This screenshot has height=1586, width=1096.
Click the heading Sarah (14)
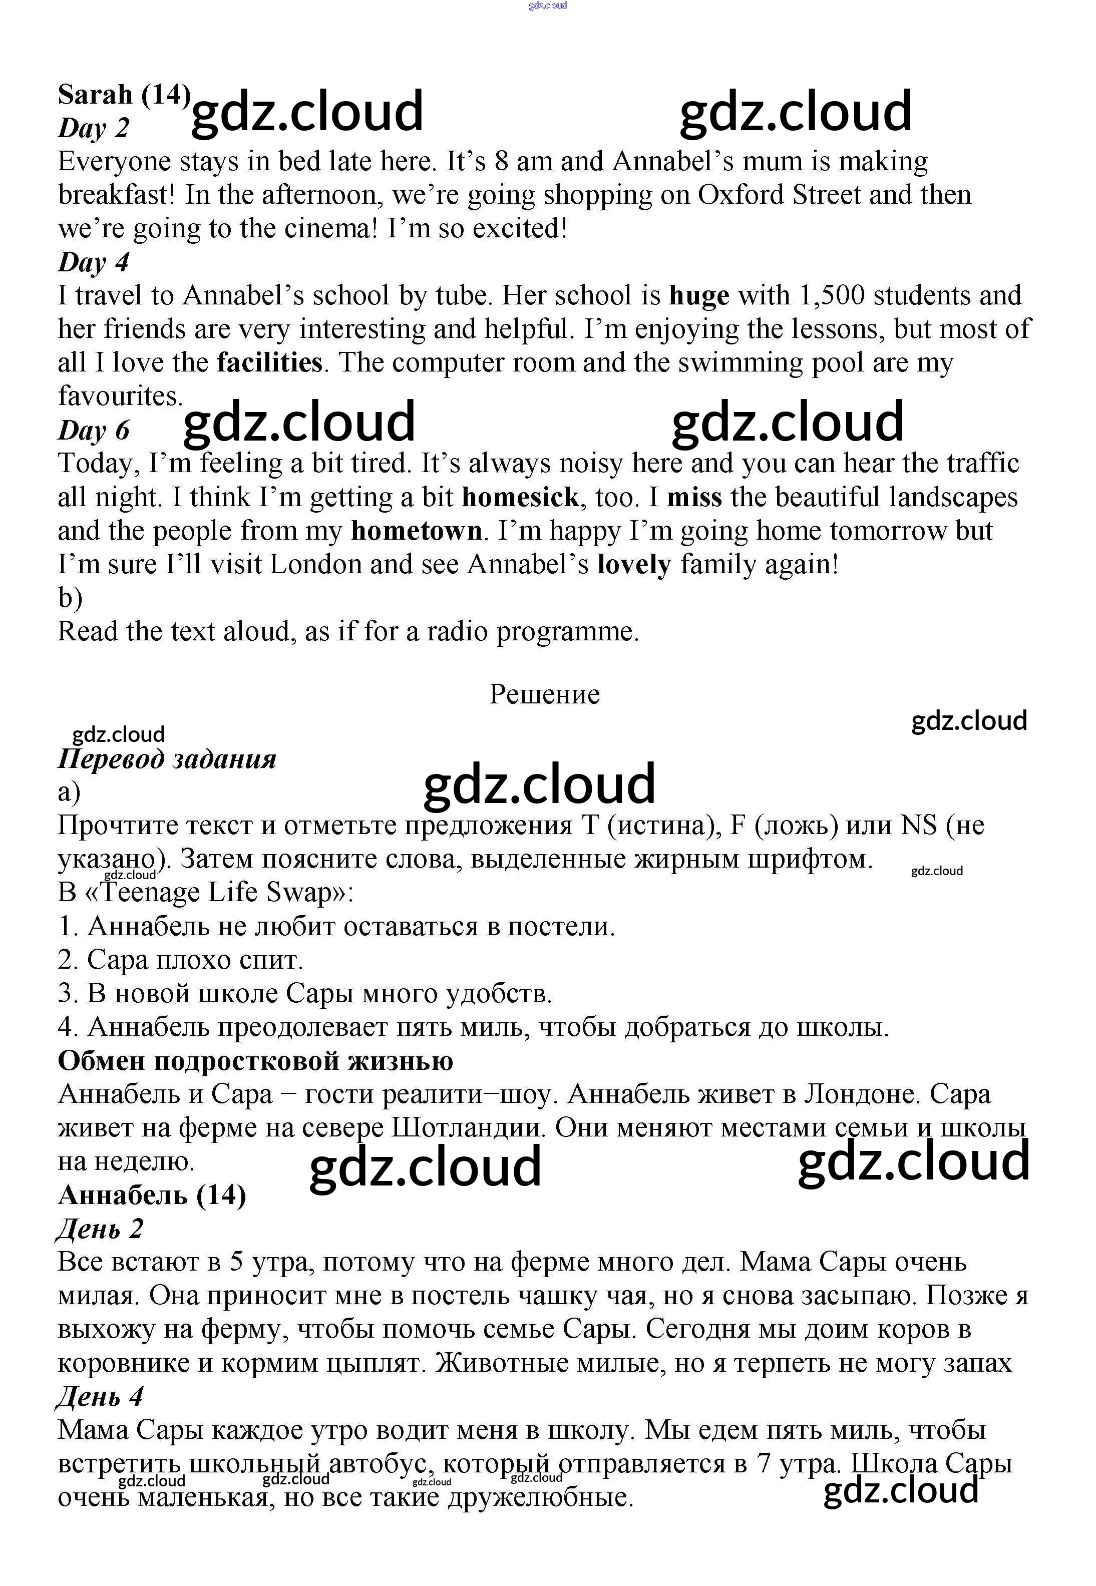pos(124,95)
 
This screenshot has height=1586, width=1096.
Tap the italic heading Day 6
pos(94,431)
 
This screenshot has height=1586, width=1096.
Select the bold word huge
pos(699,296)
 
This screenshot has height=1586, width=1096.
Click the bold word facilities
pos(269,362)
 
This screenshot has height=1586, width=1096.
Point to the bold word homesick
pos(520,497)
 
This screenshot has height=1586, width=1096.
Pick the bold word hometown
pos(416,531)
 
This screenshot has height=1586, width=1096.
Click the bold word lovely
pos(634,564)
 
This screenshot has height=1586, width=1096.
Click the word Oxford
pos(741,195)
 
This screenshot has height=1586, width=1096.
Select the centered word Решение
pos(544,694)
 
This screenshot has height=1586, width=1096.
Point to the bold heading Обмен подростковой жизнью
pos(255,1061)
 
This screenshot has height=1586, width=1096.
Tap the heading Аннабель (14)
pos(152,1196)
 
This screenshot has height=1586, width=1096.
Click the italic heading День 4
pos(100,1396)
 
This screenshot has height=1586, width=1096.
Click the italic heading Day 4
pos(94,262)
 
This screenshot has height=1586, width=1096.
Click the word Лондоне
pos(861,1094)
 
